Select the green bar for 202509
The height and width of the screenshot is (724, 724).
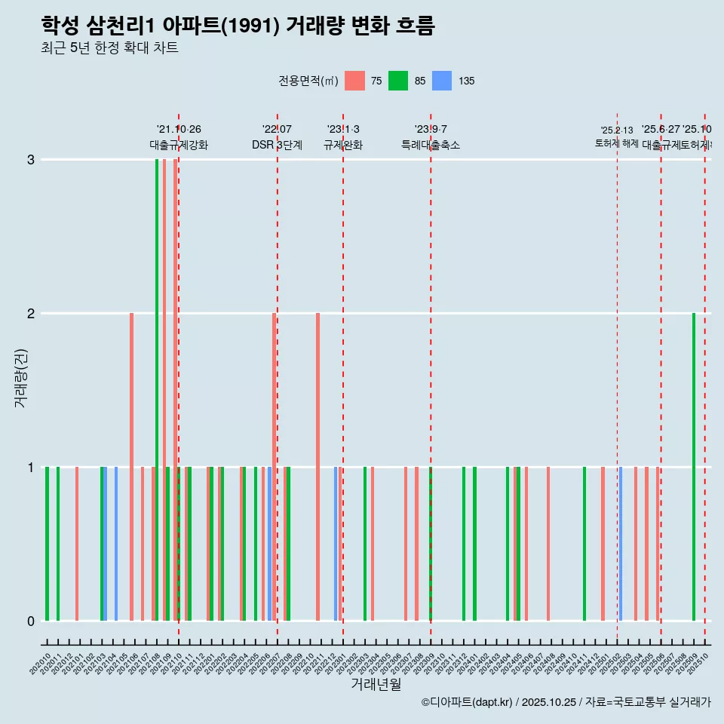coord(694,468)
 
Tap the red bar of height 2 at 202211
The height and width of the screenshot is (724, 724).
coord(318,468)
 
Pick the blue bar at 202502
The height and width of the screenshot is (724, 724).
coord(621,543)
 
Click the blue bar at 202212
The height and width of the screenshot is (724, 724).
coord(336,543)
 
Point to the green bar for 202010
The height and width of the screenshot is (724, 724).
coord(47,543)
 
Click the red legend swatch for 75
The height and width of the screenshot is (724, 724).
coord(354,81)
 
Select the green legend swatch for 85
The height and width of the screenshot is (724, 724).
coord(398,81)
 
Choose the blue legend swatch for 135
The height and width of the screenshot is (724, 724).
coord(442,81)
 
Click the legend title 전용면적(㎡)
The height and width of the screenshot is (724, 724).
coord(308,81)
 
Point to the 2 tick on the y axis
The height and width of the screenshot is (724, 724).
coord(31,313)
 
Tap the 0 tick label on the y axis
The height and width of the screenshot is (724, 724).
coord(31,621)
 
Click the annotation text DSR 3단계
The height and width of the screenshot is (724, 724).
coord(277,145)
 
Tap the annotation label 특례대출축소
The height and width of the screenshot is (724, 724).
coord(430,145)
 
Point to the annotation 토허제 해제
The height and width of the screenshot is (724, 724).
coord(617,143)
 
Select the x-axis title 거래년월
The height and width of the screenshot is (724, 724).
coord(376,684)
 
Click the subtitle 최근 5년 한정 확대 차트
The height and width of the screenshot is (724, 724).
coord(109,48)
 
